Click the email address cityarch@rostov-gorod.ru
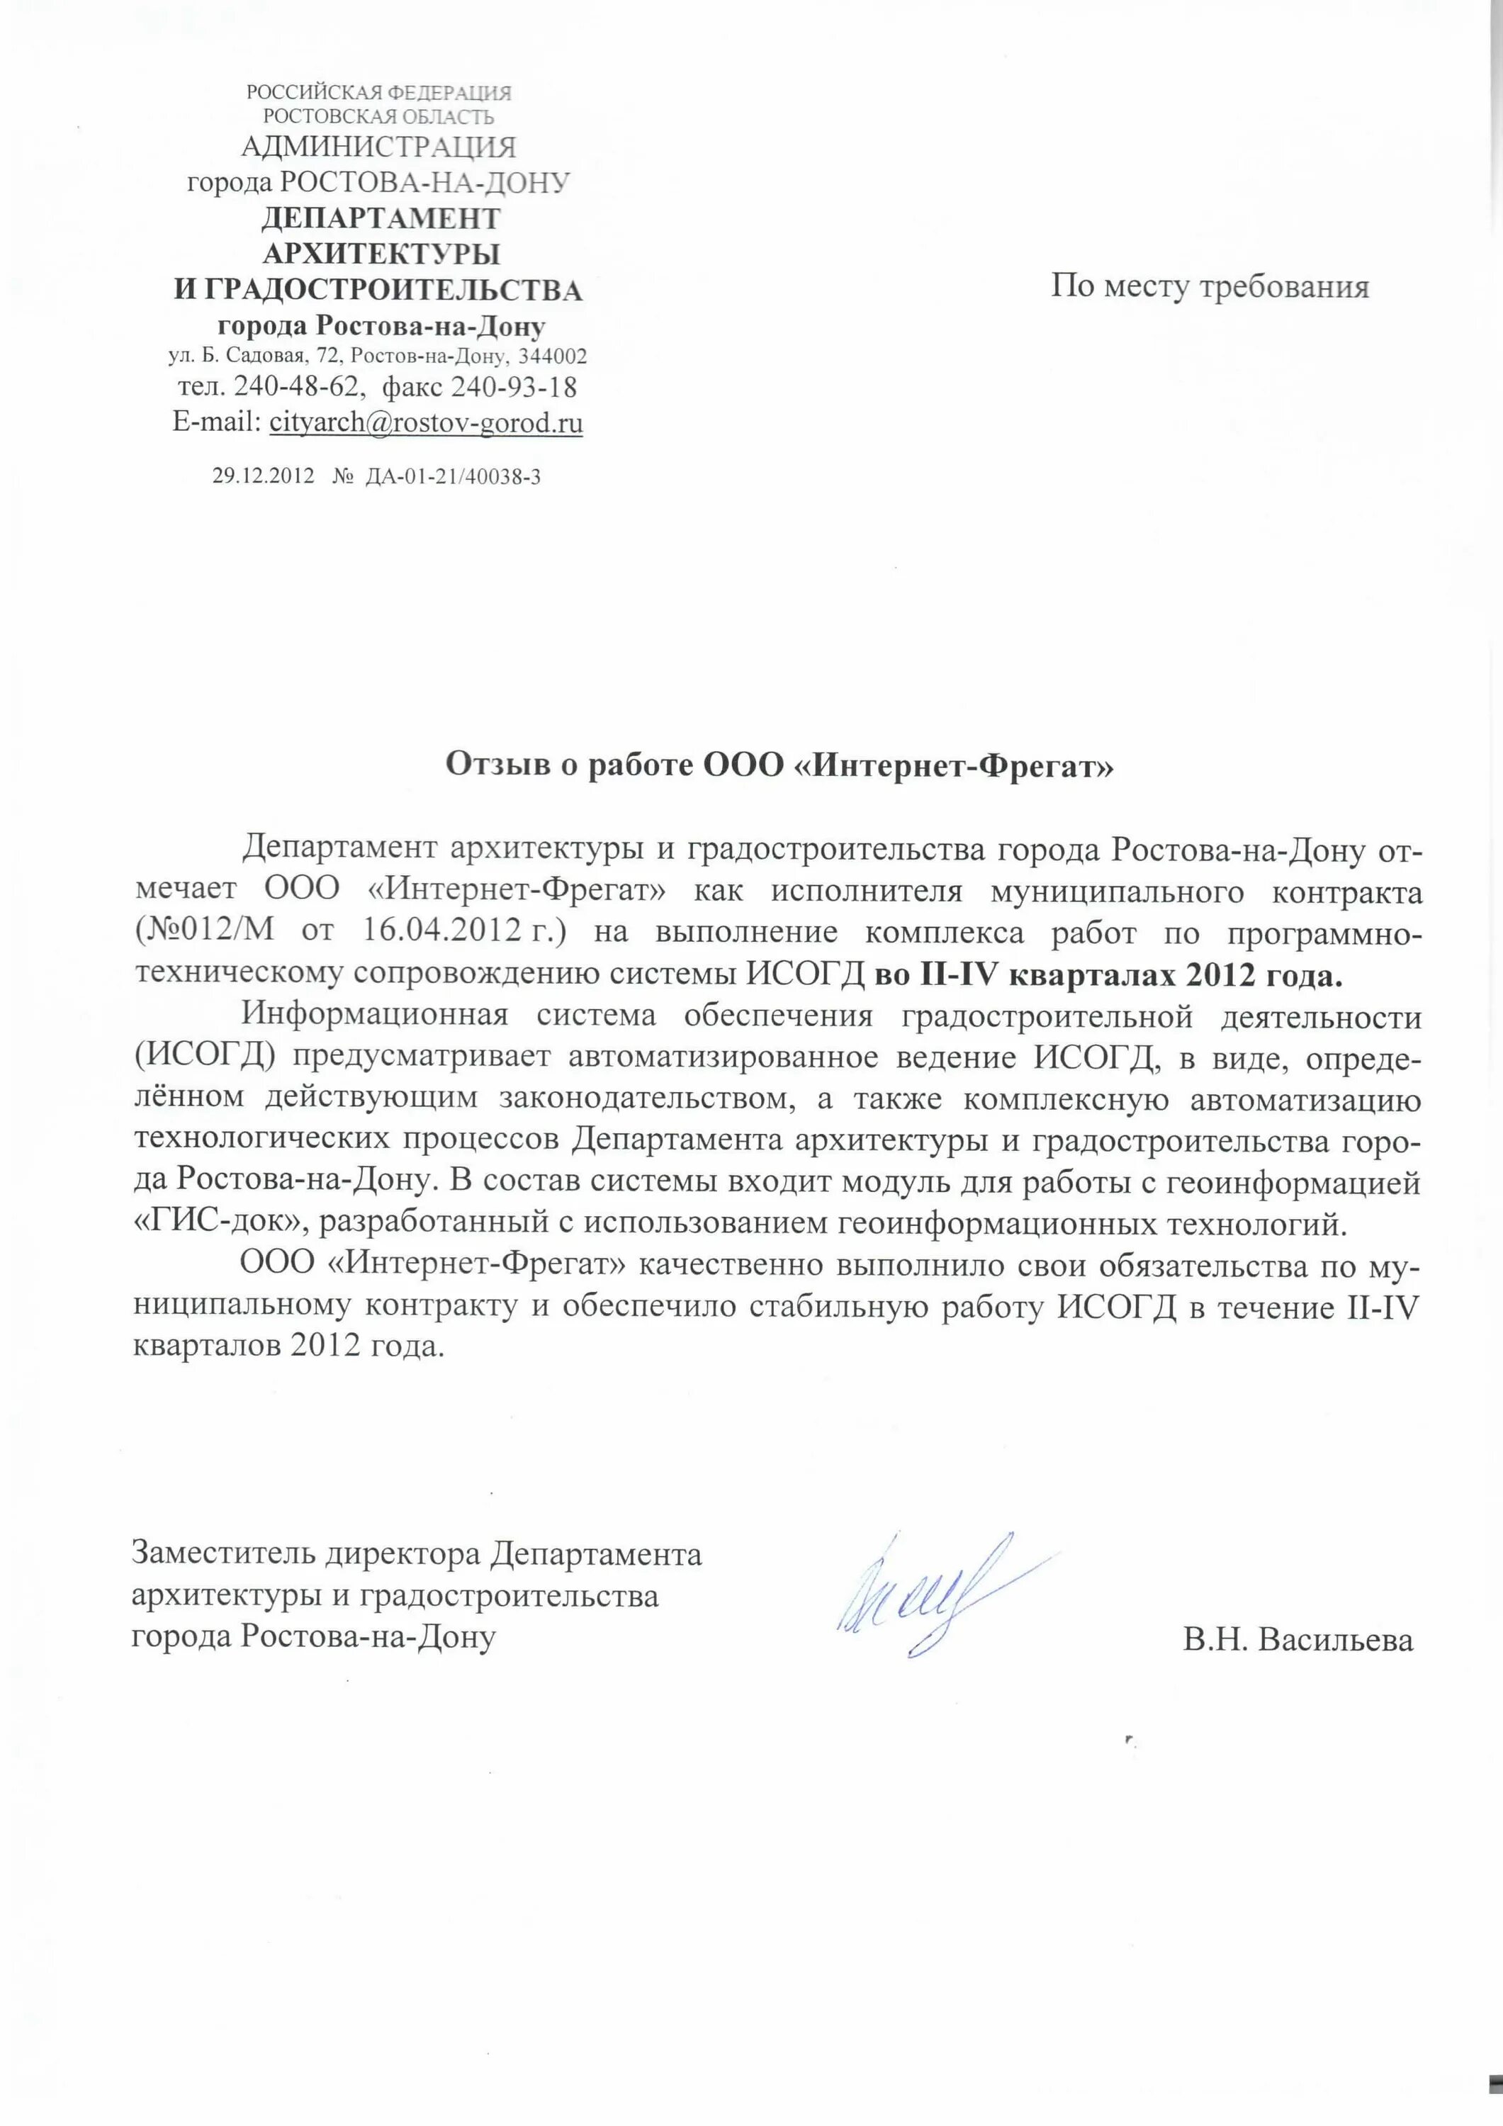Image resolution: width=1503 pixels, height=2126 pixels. click(x=426, y=423)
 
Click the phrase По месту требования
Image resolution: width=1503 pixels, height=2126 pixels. click(x=1210, y=286)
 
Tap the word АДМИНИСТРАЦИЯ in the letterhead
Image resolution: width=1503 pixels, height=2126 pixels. click(x=378, y=146)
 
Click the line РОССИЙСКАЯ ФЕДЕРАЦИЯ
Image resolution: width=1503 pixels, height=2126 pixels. click(x=378, y=93)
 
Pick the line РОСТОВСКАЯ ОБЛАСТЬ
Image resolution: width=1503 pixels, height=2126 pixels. click(x=378, y=117)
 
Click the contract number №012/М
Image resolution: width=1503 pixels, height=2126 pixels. click(x=206, y=930)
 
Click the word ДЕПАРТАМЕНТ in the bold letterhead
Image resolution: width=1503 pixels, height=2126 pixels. click(x=381, y=218)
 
